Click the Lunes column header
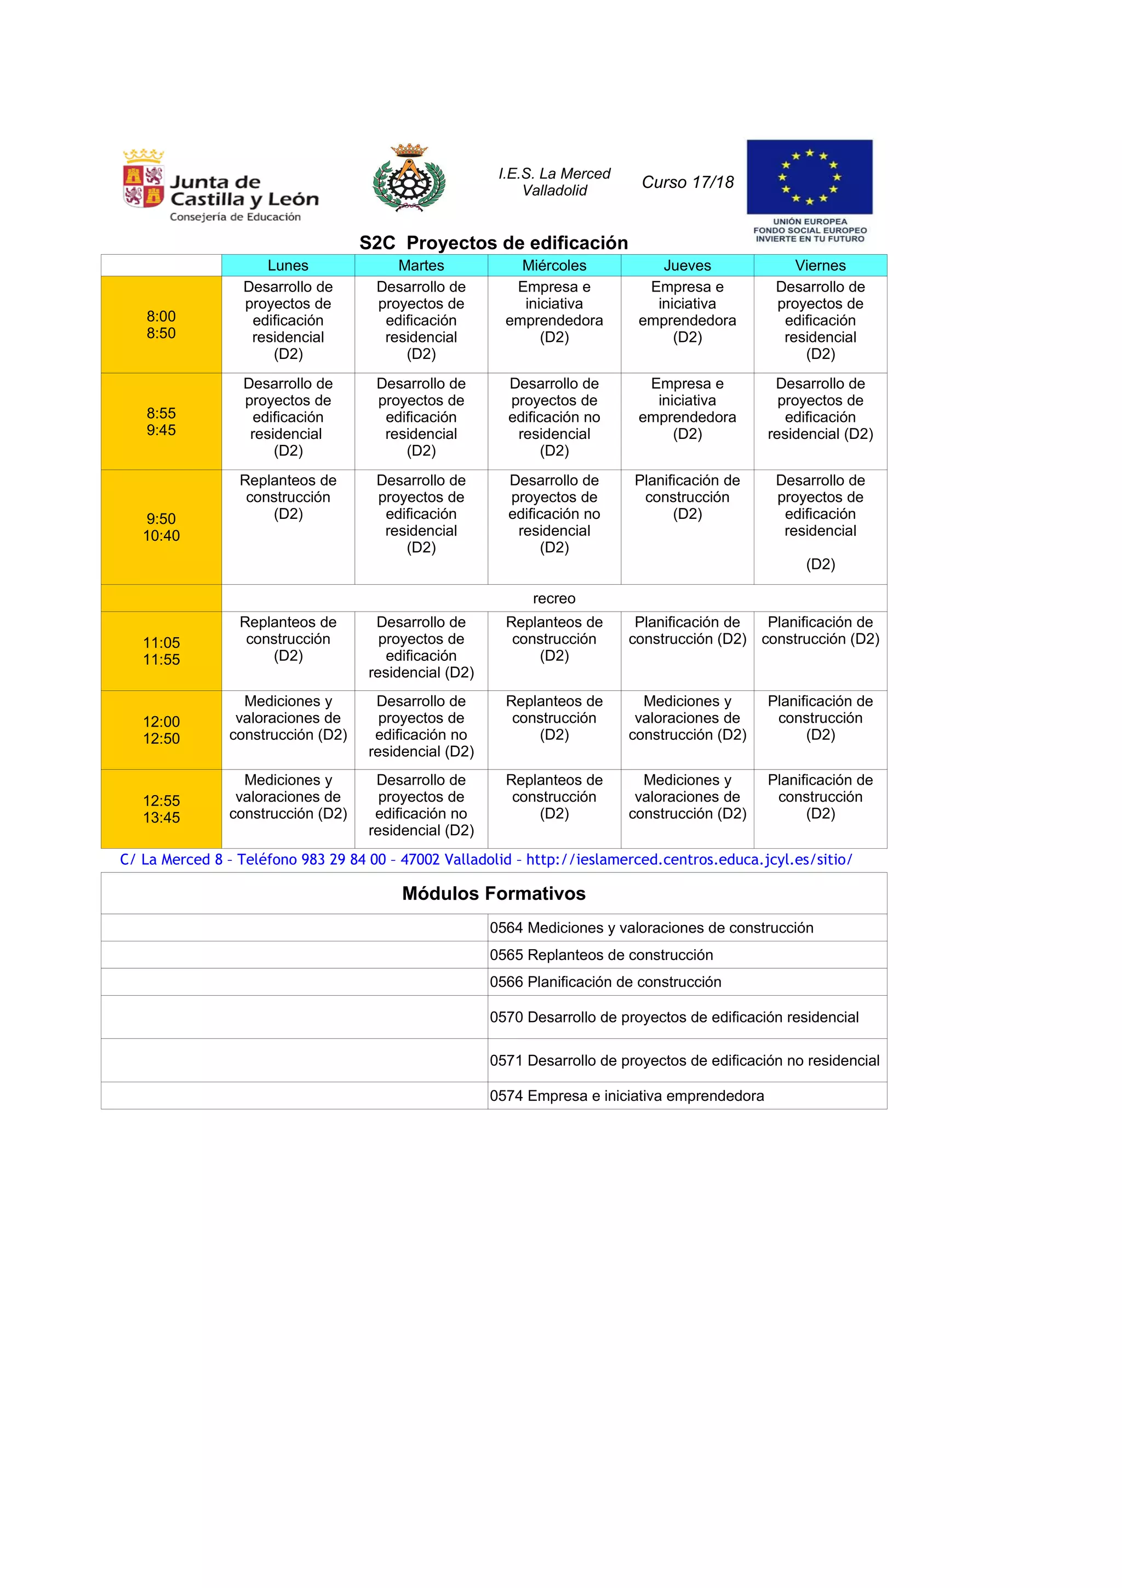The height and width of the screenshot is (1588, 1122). [288, 266]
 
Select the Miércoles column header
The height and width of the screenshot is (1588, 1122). [554, 266]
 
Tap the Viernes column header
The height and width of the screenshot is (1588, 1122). [820, 266]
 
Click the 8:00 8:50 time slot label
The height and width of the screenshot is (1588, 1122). [161, 324]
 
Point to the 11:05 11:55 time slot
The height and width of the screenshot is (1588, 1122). [161, 651]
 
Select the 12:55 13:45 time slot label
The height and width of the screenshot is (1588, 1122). [161, 809]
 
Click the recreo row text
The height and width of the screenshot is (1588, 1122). [554, 598]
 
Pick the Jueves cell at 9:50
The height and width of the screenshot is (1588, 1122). [687, 498]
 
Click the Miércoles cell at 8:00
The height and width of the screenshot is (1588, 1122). [554, 312]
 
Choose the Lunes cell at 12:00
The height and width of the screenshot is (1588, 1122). [288, 718]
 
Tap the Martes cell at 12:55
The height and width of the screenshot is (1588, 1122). [421, 805]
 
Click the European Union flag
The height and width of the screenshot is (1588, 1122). [809, 177]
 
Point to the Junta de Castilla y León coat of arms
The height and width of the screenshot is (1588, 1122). [143, 179]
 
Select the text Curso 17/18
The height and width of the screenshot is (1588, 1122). [687, 182]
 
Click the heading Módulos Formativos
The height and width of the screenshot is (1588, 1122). [494, 894]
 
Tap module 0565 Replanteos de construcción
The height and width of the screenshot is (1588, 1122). [601, 955]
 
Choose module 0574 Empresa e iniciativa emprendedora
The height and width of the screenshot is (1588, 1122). [626, 1095]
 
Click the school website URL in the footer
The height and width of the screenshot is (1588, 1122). [689, 860]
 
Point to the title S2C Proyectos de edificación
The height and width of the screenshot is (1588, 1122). [494, 243]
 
